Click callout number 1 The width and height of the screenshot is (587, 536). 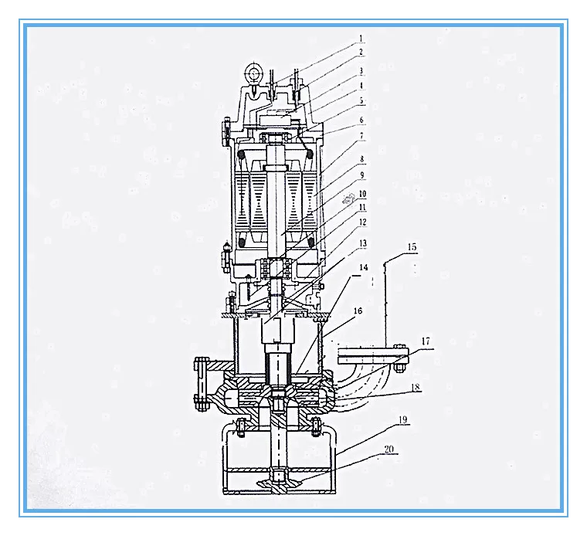tap(361, 39)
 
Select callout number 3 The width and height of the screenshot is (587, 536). tap(361, 71)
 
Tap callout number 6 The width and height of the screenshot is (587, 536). tap(361, 120)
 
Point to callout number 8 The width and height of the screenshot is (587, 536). tap(362, 159)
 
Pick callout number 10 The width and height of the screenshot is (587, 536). tap(362, 194)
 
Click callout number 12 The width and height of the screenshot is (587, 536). tap(362, 222)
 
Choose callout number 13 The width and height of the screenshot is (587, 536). tap(363, 243)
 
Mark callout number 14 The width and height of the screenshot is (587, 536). tap(364, 267)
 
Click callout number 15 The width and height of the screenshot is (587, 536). tap(412, 247)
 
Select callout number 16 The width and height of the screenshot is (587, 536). tap(358, 310)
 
